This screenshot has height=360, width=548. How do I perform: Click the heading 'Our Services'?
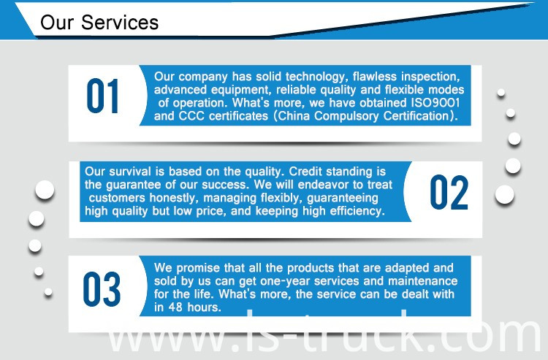pos(99,23)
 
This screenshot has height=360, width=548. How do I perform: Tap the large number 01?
pos(102,96)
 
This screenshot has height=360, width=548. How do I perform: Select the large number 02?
pos(449,192)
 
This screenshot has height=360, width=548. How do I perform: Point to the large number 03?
pos(102,289)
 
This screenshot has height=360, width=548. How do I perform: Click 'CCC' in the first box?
pos(191,115)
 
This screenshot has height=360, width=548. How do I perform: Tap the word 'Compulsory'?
pos(346,116)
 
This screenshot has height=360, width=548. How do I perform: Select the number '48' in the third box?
pos(176,307)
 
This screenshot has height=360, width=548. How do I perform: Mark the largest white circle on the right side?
pos(505,195)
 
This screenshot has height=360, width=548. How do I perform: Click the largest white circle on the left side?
pos(45,190)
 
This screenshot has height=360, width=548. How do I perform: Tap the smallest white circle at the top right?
pos(501,93)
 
